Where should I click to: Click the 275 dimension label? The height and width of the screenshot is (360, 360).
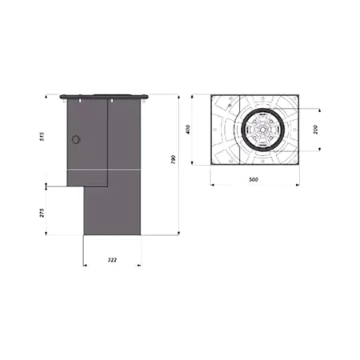[42, 212]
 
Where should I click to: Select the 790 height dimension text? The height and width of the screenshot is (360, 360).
[174, 161]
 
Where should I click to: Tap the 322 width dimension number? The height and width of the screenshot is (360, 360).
[113, 259]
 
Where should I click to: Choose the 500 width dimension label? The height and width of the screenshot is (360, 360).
[253, 180]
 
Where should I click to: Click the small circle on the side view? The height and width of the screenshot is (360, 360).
[76, 138]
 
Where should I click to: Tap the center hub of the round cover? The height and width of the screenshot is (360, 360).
[263, 129]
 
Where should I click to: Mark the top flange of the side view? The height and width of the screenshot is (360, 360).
[105, 95]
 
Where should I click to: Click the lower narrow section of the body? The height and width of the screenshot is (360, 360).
[112, 212]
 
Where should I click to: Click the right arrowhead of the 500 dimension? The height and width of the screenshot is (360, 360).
[299, 185]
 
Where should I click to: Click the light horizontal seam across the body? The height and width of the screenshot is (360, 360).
[104, 171]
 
